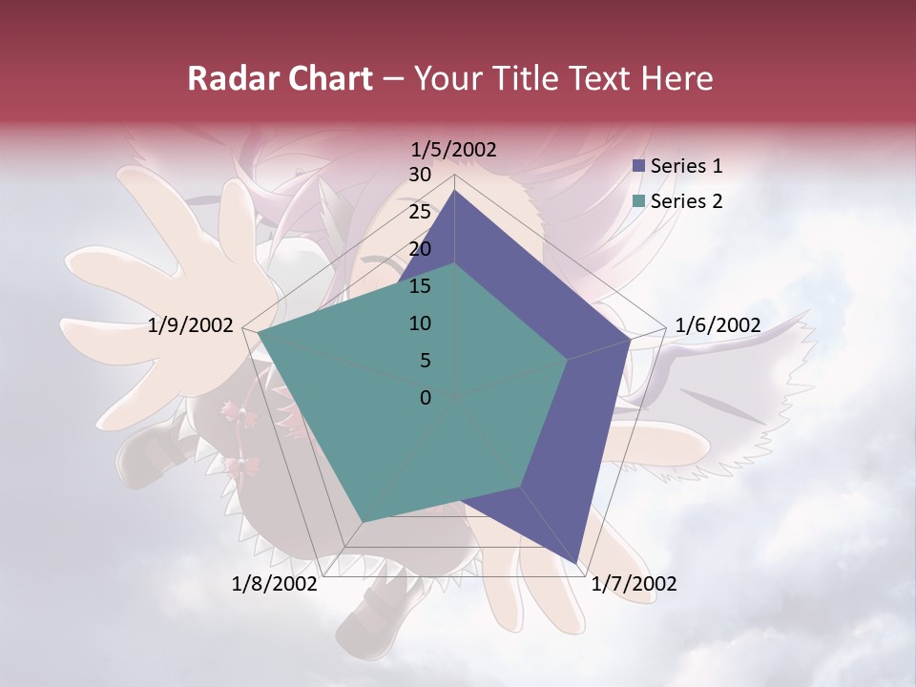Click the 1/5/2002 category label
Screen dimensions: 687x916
454,149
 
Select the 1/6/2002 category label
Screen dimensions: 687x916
718,325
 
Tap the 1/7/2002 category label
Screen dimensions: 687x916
634,584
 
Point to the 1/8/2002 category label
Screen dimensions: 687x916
275,584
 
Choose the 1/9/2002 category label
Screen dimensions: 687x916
191,325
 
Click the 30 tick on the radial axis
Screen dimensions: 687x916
420,175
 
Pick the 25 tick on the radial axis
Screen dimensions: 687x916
420,212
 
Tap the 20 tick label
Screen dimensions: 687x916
420,249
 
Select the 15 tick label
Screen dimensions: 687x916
420,286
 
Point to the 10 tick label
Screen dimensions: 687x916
420,323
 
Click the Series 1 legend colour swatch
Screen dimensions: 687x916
639,166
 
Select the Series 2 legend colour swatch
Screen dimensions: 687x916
639,201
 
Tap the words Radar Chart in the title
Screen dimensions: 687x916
280,78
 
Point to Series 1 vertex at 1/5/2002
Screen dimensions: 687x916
455,190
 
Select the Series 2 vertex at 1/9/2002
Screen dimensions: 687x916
259,334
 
